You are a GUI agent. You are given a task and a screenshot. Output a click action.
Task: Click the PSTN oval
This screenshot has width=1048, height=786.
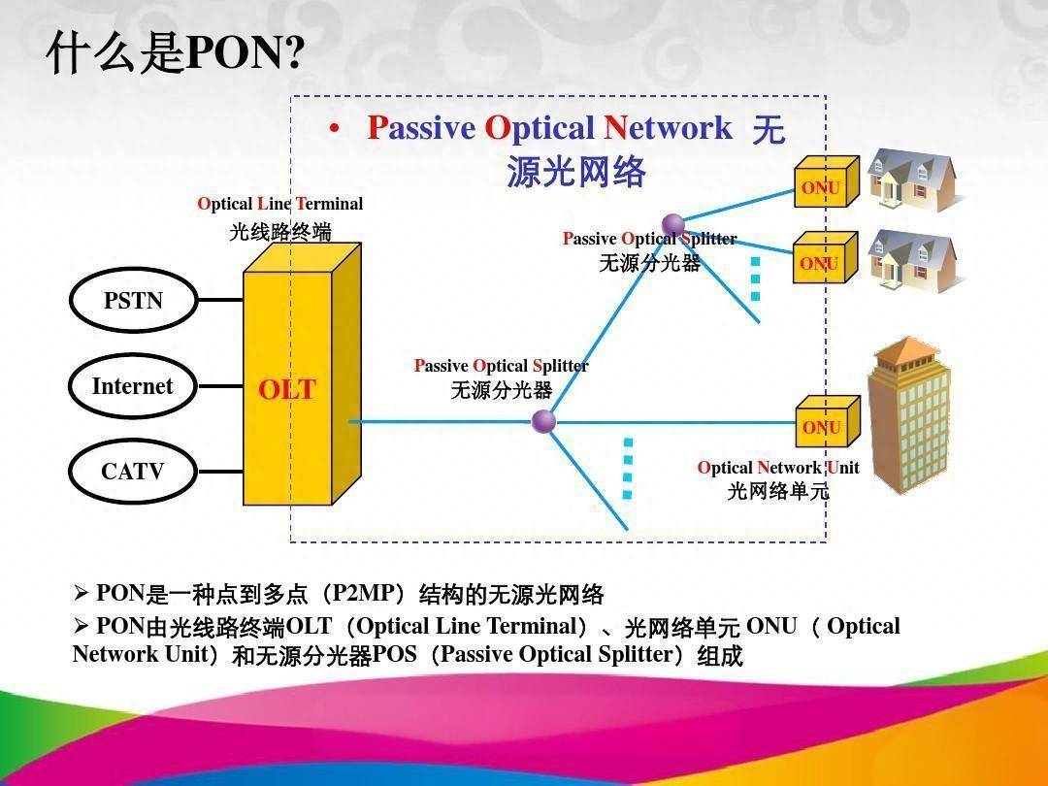133,301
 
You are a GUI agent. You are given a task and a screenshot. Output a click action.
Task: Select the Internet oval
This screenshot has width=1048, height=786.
133,386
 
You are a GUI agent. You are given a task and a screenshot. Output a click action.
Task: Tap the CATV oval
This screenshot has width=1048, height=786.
133,472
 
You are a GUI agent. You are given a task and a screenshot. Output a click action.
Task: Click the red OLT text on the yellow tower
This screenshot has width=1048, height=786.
286,390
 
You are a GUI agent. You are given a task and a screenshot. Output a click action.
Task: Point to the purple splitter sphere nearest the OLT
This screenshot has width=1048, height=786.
544,421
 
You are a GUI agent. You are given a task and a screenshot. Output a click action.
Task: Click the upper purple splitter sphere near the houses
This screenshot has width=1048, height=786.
672,226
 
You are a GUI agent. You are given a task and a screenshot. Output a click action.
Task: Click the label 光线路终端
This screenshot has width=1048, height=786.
280,233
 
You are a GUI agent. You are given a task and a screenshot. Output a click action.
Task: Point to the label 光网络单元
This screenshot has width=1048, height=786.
778,491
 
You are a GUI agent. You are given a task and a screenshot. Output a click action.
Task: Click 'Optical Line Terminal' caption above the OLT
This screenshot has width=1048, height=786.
280,204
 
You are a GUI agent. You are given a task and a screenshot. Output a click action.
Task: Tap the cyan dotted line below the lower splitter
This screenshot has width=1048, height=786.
628,469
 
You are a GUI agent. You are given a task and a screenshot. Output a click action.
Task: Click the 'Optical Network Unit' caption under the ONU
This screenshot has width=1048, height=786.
778,468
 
